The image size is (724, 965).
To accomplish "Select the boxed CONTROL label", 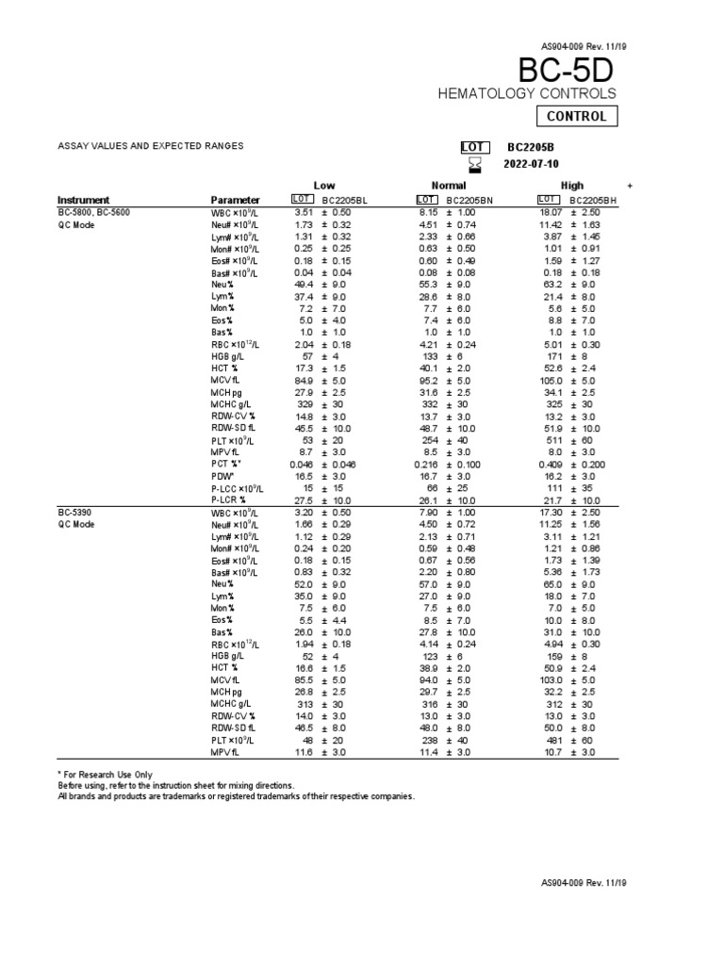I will pyautogui.click(x=578, y=117).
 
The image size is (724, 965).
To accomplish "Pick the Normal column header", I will pyautogui.click(x=448, y=186).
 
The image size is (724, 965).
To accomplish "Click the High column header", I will pyautogui.click(x=571, y=186).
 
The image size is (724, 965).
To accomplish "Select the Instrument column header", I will pyautogui.click(x=83, y=200).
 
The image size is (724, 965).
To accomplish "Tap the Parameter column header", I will pyautogui.click(x=236, y=200).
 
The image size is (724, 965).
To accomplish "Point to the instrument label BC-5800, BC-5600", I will pyautogui.click(x=94, y=213).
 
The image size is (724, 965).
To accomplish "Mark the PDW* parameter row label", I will pyautogui.click(x=224, y=477).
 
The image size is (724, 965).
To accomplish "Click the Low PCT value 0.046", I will pyautogui.click(x=295, y=465).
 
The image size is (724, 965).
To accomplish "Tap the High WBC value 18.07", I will pyautogui.click(x=551, y=213).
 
